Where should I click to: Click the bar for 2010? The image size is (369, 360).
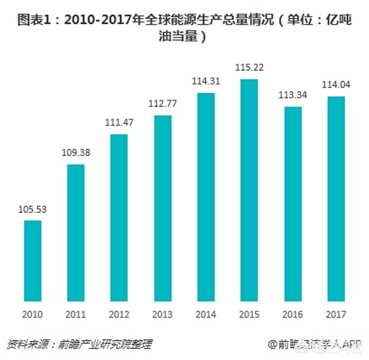33,261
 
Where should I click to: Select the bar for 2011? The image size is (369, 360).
76,232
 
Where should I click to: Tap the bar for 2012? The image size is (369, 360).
119,217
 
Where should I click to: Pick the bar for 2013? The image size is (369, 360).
162,208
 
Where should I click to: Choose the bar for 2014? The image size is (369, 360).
205,196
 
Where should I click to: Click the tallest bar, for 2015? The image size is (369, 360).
249,190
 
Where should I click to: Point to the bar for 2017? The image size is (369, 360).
335,198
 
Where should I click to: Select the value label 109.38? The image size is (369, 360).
76,153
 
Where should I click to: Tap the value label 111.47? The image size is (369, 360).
119,123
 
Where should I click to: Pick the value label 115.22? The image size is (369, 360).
249,68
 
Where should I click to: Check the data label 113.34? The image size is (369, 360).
292,95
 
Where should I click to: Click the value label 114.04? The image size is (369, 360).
335,85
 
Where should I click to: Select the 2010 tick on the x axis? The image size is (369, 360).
33,314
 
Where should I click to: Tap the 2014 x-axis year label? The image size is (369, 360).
205,314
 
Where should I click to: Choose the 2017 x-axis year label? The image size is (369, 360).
335,314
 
